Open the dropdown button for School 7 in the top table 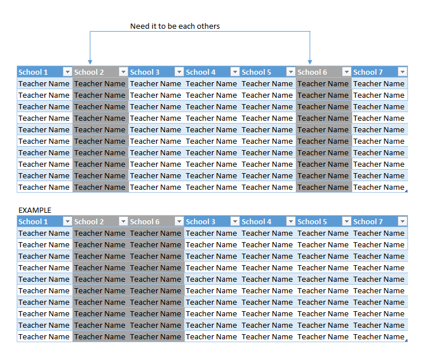(x=402, y=72)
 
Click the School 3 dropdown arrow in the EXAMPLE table (x=235, y=221)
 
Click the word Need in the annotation (x=139, y=26)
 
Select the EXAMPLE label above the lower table (x=35, y=210)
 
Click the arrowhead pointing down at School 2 (x=90, y=62)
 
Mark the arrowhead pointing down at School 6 (x=310, y=62)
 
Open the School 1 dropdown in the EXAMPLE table (x=67, y=221)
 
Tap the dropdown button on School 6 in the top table (x=346, y=72)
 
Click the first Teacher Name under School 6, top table (x=323, y=84)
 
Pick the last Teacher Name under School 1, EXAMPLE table (x=44, y=337)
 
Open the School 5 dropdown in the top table (x=291, y=72)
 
